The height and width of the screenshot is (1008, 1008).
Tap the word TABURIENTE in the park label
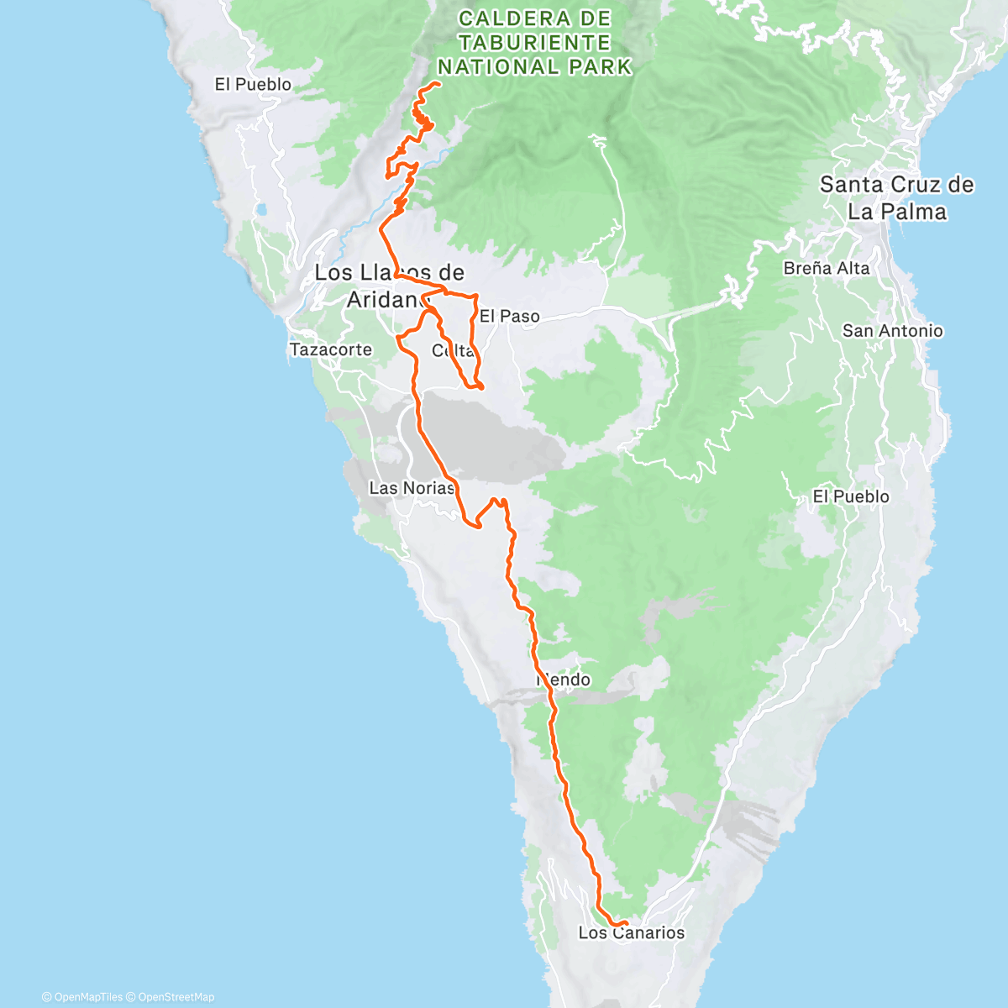click(534, 42)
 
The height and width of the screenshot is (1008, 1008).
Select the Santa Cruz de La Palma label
click(896, 197)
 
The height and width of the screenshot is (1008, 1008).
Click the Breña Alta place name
click(826, 268)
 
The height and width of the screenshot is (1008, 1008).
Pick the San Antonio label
click(892, 331)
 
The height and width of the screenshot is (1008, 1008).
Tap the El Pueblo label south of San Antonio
click(850, 496)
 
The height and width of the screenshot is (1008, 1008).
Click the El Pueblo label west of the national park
click(253, 84)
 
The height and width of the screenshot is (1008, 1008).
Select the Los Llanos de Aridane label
click(388, 286)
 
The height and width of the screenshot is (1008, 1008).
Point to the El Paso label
click(509, 317)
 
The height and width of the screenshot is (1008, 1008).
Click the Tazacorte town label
click(330, 349)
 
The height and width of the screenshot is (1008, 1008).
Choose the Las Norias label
click(412, 488)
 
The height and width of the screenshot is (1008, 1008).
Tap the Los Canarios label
click(631, 932)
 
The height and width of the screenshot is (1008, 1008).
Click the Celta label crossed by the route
click(454, 350)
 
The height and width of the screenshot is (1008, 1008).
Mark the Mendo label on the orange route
click(563, 680)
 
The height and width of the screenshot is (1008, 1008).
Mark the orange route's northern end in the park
click(439, 84)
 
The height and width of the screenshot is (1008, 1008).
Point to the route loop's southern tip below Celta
click(480, 387)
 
